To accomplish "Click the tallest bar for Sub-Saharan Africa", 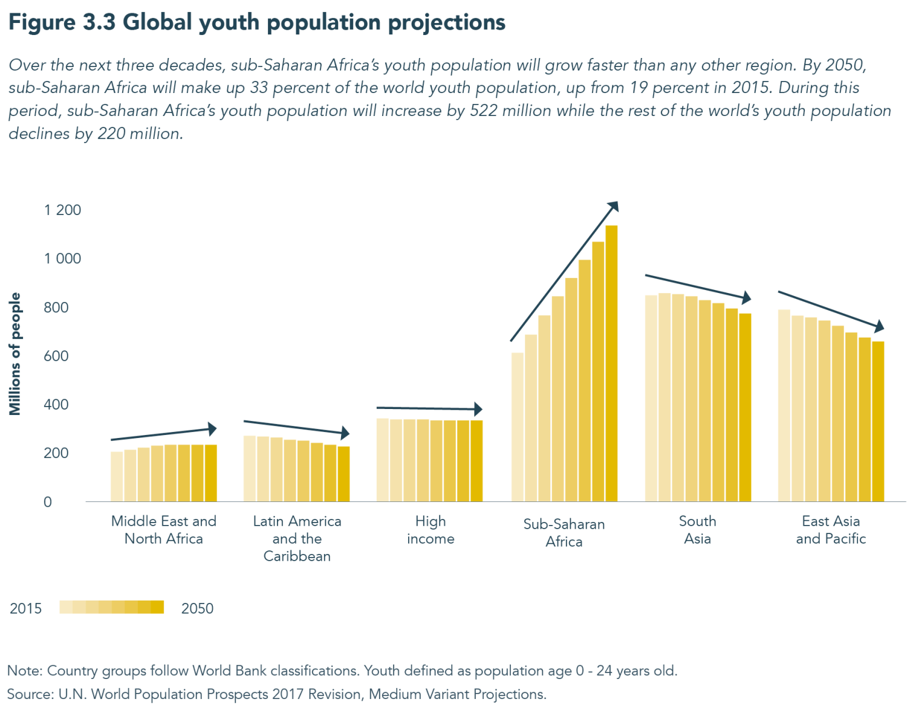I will click(611, 362).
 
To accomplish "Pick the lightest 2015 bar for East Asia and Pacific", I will click(784, 405).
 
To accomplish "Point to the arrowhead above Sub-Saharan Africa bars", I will click(613, 207).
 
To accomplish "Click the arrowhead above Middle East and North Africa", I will click(212, 429).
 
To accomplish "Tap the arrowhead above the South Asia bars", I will click(747, 298).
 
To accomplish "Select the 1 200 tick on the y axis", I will click(62, 210).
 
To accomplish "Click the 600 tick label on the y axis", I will click(56, 356).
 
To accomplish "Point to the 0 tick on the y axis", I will click(48, 502).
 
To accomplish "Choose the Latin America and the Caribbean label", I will click(297, 538).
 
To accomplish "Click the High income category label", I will click(431, 530).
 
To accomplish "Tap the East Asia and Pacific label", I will click(831, 530).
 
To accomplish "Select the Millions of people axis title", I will click(15, 354).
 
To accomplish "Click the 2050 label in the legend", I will click(197, 608).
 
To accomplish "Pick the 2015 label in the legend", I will click(26, 608).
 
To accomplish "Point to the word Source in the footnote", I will click(29, 694).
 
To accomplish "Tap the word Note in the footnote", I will click(24, 671).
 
